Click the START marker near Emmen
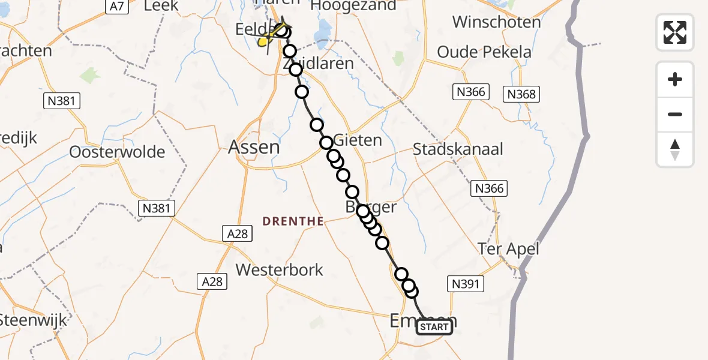coord(434,327)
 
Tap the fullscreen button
coord(675,32)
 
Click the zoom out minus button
coord(675,114)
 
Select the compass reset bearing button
coord(675,149)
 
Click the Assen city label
coord(254,147)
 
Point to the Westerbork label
coord(280,270)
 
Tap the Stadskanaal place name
coord(458,149)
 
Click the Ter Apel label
coord(508,248)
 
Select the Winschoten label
coord(496,22)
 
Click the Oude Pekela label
coord(484,52)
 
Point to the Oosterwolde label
coord(117,152)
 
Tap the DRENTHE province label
coord(293,221)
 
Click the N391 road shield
coord(465,284)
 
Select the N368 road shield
coord(521,94)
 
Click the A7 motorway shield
coord(117,6)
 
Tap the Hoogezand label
coord(353,6)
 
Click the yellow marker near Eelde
coord(263,41)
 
